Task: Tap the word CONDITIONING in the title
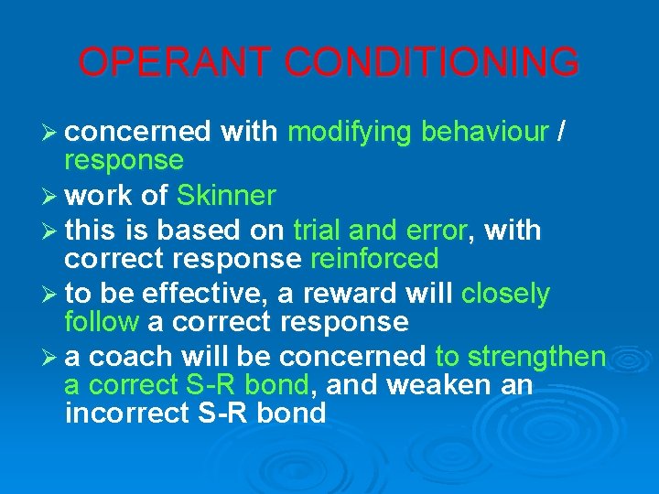pos(431,62)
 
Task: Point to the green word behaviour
pos(483,133)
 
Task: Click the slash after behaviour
pos(560,133)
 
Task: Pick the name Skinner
pos(226,196)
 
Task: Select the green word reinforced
pos(374,259)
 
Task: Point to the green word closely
pos(505,294)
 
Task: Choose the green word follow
pos(101,322)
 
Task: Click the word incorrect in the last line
pos(127,413)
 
